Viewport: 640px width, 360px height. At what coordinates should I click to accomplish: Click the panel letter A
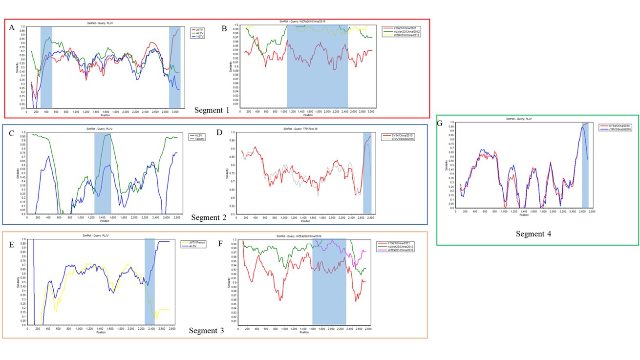click(x=12, y=28)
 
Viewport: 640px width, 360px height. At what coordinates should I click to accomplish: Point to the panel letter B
click(x=224, y=28)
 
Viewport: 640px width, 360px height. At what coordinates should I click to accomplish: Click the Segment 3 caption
click(x=206, y=331)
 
